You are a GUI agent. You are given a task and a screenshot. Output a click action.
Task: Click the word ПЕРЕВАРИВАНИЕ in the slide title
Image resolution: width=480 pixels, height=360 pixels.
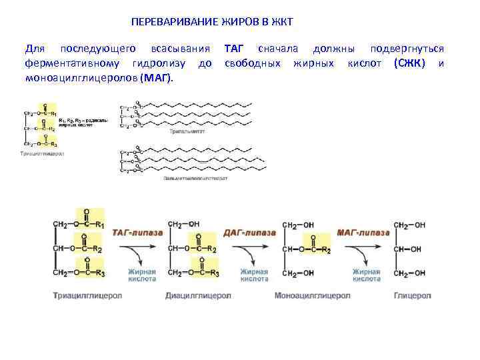(169, 22)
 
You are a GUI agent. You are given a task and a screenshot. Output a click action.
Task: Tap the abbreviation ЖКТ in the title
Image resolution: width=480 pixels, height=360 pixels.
(281, 22)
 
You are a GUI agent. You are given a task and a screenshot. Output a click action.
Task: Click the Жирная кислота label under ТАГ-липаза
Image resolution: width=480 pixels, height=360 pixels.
(142, 275)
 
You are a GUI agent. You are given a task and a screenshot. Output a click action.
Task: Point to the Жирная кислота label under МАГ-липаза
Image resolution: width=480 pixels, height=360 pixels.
(367, 275)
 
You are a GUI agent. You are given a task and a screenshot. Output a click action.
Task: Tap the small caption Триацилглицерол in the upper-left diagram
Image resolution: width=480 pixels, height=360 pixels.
(42, 153)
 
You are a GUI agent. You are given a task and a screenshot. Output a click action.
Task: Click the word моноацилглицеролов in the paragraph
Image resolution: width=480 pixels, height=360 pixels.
(81, 78)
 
